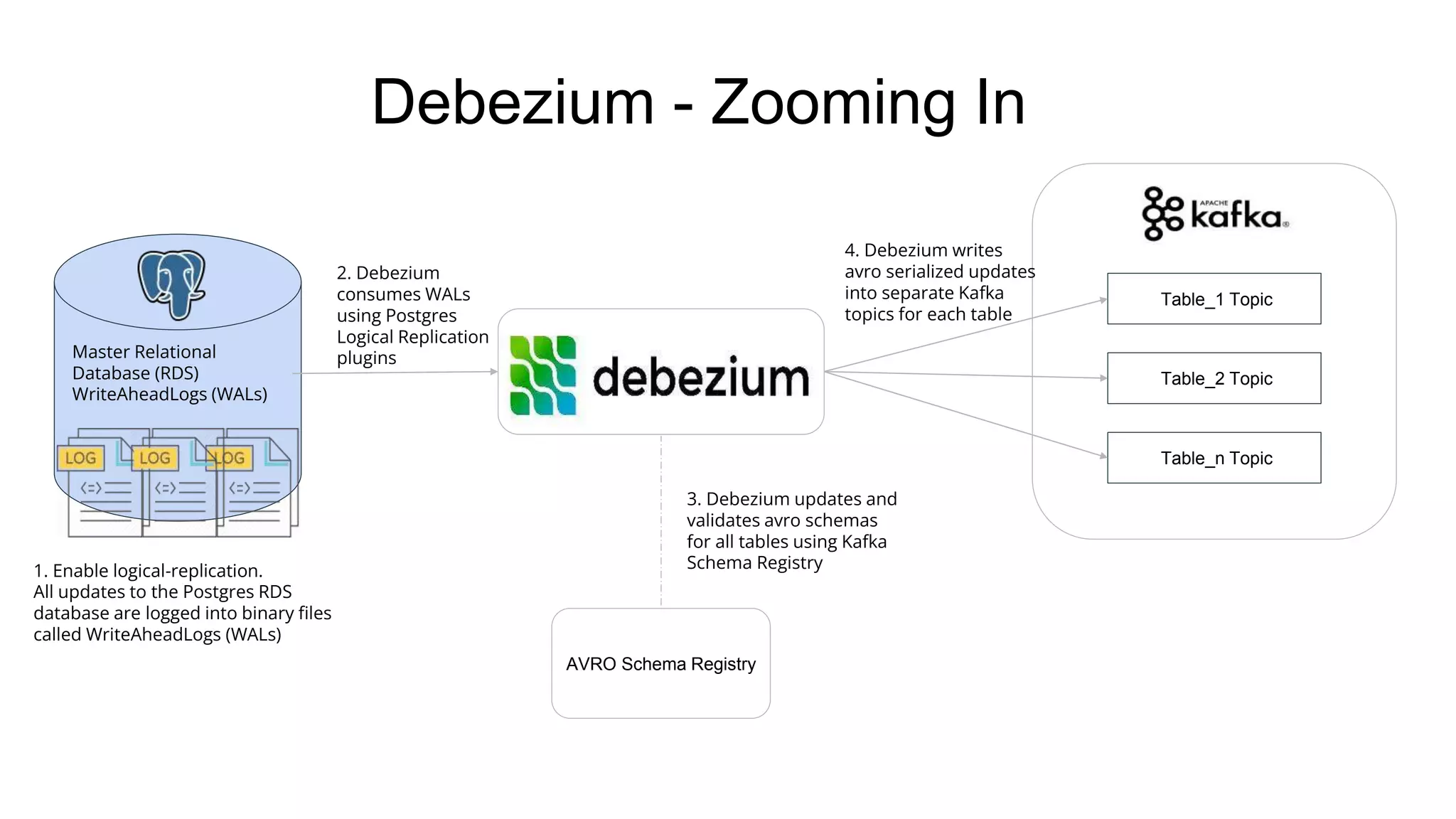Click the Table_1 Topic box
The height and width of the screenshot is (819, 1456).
(x=1214, y=299)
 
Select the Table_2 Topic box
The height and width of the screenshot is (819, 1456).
(x=1214, y=378)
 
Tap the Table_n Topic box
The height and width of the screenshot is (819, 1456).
(x=1214, y=458)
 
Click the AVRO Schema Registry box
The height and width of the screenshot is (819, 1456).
(x=660, y=663)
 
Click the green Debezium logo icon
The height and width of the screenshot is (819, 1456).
(x=543, y=375)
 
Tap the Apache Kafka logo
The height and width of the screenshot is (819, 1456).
(x=1215, y=213)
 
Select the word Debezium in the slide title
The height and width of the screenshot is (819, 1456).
(x=513, y=103)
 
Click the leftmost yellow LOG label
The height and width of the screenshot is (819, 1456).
(x=80, y=459)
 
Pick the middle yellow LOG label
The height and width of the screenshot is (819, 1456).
(x=155, y=459)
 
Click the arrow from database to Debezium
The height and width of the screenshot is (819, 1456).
(x=395, y=373)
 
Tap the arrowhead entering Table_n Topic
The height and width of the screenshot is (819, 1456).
(x=1103, y=456)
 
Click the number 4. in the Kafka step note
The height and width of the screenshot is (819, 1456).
(x=852, y=250)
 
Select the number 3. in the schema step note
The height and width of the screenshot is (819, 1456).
(x=693, y=499)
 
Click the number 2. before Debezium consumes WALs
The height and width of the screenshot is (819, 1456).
(x=343, y=273)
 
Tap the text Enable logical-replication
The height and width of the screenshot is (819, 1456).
(x=157, y=571)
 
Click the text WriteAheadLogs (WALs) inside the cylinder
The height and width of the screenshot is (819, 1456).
(x=169, y=395)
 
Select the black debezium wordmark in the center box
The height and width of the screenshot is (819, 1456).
(x=700, y=377)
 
